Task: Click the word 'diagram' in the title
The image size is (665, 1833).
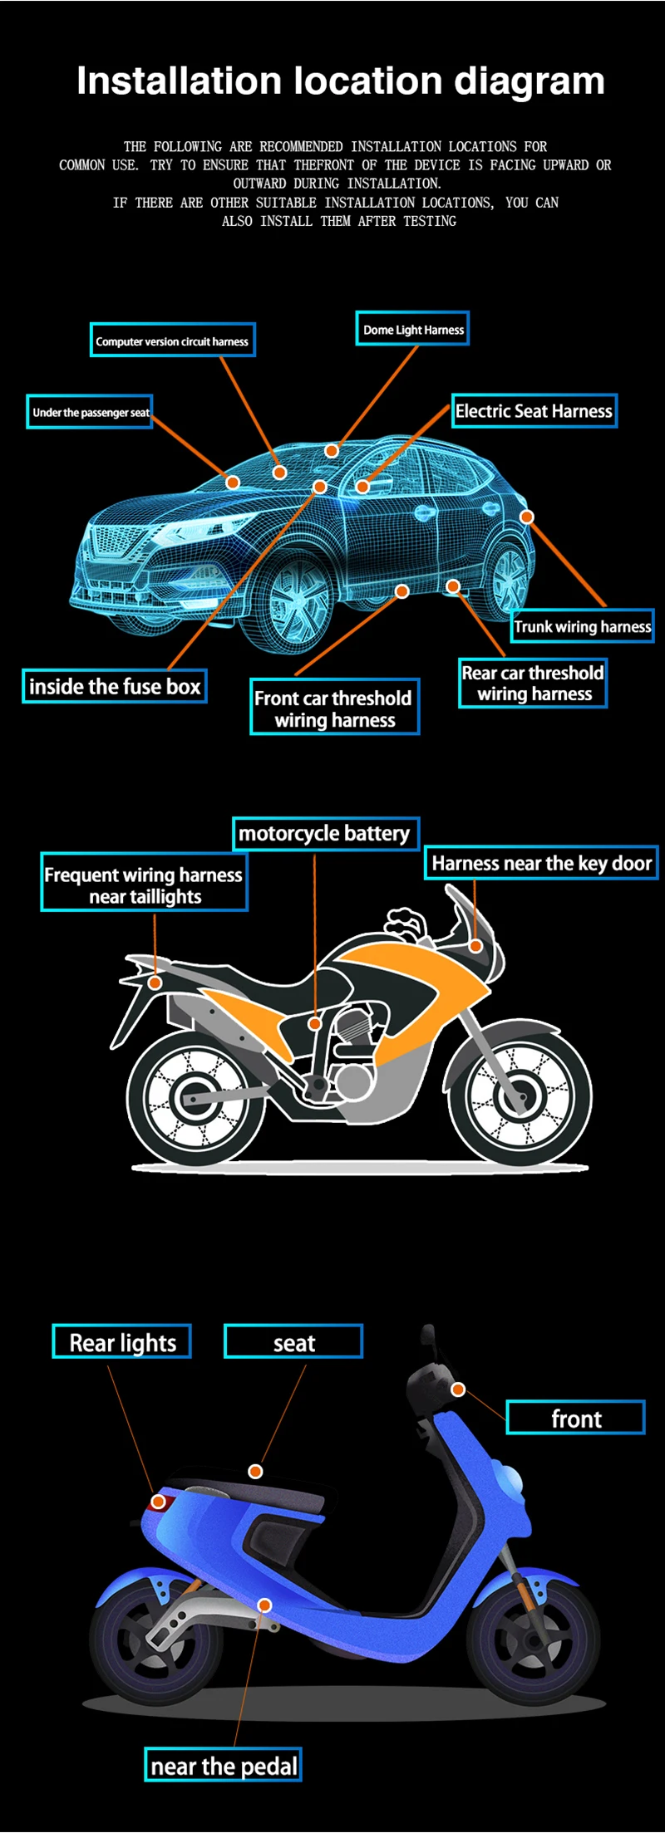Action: (x=529, y=81)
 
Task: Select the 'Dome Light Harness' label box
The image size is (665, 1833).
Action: (x=412, y=329)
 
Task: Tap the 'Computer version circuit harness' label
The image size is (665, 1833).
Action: (x=172, y=341)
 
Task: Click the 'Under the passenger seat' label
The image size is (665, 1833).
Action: (x=90, y=412)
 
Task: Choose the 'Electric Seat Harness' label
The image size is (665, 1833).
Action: (x=534, y=411)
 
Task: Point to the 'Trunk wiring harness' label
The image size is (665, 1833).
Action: (x=582, y=626)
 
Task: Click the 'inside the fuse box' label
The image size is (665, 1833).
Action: (x=115, y=686)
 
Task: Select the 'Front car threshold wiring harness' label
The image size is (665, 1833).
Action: (x=334, y=708)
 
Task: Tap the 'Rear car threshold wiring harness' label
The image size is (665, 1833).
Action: (x=533, y=683)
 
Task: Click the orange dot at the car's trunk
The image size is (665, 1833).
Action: (x=527, y=517)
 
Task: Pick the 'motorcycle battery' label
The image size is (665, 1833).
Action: (x=324, y=833)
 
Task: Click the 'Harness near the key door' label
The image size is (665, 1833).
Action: (x=541, y=863)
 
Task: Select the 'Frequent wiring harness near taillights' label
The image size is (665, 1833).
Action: (x=144, y=885)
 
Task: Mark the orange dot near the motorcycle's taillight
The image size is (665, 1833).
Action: (x=155, y=983)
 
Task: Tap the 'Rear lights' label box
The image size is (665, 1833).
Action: (x=122, y=1342)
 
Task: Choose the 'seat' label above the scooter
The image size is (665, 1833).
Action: (x=293, y=1342)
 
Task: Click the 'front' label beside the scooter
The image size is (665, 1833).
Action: (x=575, y=1419)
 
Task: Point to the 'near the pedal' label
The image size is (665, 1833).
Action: (x=224, y=1766)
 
